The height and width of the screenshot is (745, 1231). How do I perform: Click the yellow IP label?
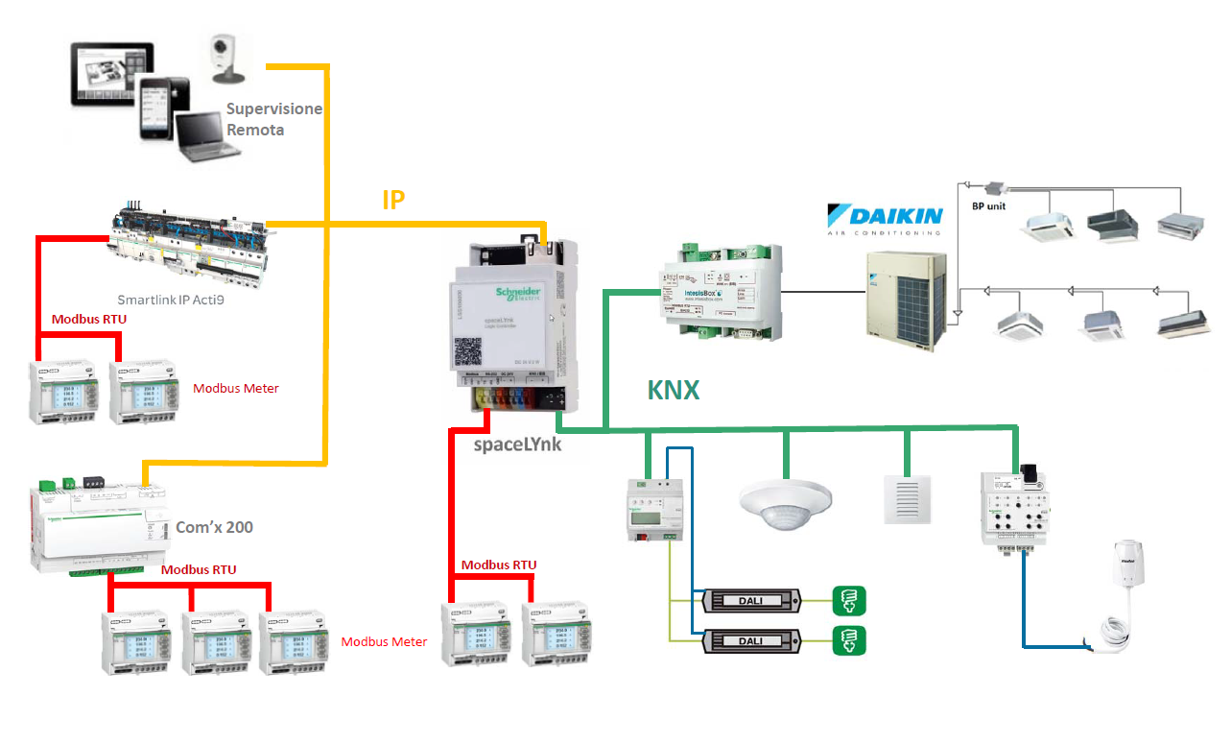tap(393, 200)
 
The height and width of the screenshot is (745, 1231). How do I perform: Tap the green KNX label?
tap(674, 390)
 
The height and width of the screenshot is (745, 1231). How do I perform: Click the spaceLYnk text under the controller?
tap(518, 445)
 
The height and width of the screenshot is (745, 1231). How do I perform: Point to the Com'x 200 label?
tap(214, 527)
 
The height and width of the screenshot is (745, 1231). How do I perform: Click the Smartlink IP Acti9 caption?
tap(178, 299)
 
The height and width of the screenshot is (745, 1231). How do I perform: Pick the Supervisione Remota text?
tap(273, 119)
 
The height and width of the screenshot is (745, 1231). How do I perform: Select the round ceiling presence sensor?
tap(783, 503)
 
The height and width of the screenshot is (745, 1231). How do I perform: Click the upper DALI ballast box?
tap(751, 601)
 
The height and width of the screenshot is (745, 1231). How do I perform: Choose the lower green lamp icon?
tap(850, 639)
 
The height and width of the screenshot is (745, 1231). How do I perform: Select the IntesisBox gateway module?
tap(720, 289)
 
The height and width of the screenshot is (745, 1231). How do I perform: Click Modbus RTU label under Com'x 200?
tap(198, 569)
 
